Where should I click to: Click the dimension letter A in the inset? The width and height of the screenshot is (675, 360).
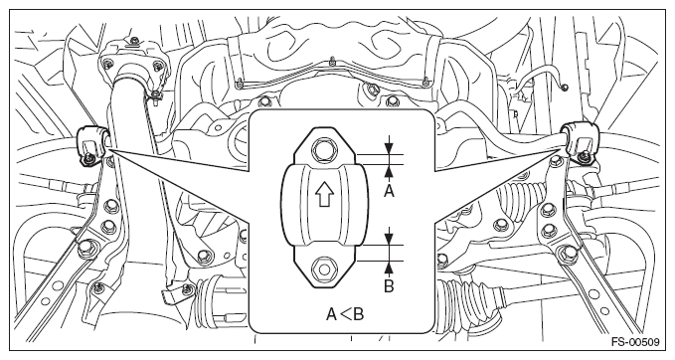click(389, 190)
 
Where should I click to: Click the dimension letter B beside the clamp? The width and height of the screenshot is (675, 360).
click(389, 286)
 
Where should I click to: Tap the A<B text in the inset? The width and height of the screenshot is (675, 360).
click(345, 314)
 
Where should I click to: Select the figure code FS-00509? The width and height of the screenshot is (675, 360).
click(635, 342)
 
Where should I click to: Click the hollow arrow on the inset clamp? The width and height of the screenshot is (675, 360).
click(325, 195)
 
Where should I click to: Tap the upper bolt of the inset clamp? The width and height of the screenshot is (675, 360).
click(325, 149)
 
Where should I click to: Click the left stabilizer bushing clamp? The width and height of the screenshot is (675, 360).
click(91, 144)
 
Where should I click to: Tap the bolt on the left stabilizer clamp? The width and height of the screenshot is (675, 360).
click(90, 157)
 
